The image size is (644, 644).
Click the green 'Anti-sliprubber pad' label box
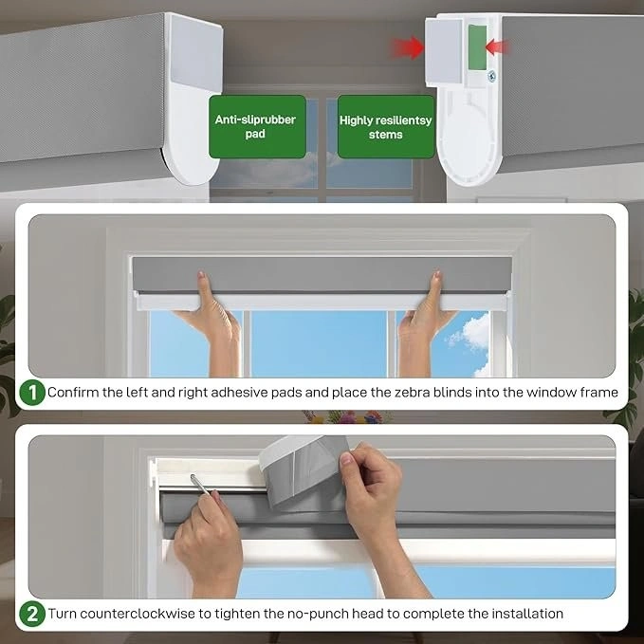click(x=258, y=126)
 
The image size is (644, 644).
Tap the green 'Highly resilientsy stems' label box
click(x=386, y=126)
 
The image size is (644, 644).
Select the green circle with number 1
click(x=31, y=393)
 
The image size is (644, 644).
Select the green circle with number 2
click(x=31, y=614)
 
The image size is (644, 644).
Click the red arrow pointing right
click(x=407, y=47)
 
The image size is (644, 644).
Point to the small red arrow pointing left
click(x=497, y=46)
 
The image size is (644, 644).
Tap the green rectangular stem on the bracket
click(x=477, y=46)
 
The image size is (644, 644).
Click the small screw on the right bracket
click(x=491, y=76)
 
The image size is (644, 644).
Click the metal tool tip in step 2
click(x=193, y=477)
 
